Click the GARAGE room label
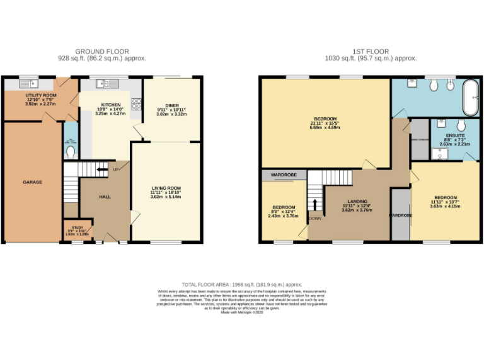tap(33, 182)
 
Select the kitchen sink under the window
tap(103, 84)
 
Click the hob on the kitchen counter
tap(135, 103)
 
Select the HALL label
tap(105, 197)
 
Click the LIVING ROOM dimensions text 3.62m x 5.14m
tap(166, 197)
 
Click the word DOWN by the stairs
tap(315, 219)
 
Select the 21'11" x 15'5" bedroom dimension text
tap(325, 123)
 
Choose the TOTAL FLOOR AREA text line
tap(242, 285)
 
